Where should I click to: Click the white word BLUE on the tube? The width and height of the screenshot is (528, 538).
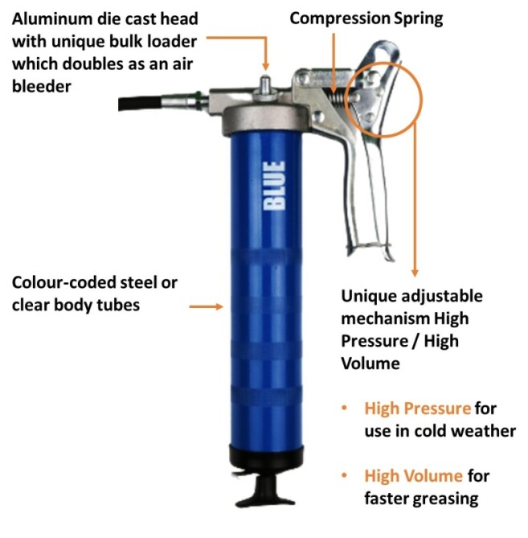[274, 185]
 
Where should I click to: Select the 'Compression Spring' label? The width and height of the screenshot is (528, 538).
[366, 18]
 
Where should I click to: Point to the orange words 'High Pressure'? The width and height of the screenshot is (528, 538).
[417, 409]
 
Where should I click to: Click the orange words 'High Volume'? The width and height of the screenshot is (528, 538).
[413, 476]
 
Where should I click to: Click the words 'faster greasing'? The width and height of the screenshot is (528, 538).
[422, 499]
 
